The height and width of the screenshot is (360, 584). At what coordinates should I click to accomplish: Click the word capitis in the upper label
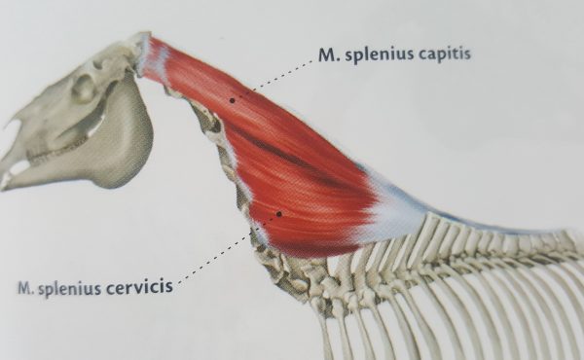pos(440,54)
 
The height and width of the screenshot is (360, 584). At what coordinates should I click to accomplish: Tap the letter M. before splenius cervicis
pos(26,288)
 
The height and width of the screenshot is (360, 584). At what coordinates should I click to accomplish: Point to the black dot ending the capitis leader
pos(232,98)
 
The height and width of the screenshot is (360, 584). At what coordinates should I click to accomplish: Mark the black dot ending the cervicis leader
pos(278,212)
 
